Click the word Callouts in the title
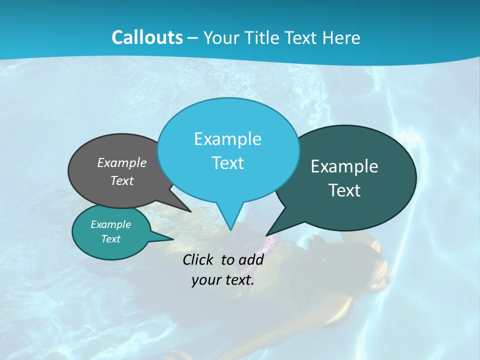(147, 37)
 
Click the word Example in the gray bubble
(122, 162)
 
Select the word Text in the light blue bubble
(228, 163)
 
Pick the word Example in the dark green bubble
(344, 166)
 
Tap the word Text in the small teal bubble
(110, 239)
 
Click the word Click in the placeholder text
(198, 259)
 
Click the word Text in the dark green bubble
(344, 190)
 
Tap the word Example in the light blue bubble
(228, 139)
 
